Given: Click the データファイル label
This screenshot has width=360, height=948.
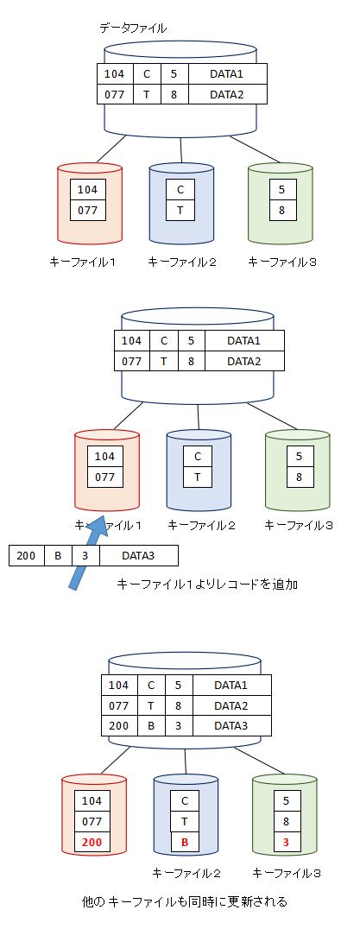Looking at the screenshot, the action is (133, 28).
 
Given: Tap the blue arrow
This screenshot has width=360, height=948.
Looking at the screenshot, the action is (88, 553).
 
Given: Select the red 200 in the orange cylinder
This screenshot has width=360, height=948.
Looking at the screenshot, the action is (92, 842).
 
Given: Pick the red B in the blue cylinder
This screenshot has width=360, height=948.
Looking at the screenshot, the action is (185, 842).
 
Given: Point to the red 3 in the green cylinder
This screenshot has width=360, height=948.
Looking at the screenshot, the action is (283, 842).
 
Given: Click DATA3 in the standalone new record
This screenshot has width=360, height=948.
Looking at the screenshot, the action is (138, 556).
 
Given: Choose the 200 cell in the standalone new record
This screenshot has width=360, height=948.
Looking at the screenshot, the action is (27, 556).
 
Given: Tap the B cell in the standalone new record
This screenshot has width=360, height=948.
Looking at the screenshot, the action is (58, 556).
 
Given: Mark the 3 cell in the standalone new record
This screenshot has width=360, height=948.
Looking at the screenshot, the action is (86, 556).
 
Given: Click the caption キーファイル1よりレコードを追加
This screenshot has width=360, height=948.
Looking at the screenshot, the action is (207, 584).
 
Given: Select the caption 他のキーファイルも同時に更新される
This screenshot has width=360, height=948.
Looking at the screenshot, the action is (184, 902).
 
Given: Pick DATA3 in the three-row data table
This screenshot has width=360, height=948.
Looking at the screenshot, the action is (231, 725).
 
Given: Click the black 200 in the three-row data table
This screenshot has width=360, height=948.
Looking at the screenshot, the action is (119, 725).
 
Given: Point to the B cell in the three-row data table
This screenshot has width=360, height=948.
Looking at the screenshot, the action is (151, 725).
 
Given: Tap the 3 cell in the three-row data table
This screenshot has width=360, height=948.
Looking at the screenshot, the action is (179, 725).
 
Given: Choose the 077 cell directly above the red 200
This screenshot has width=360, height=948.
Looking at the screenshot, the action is (92, 822).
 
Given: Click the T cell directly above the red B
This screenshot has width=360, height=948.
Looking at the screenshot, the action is (185, 822).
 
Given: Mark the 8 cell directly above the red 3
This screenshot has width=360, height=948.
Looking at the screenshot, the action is (283, 822).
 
